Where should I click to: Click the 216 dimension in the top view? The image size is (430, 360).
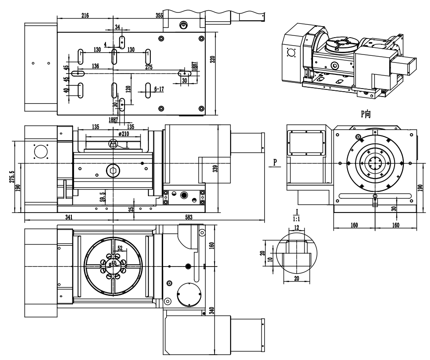pyautogui.click(x=85, y=15)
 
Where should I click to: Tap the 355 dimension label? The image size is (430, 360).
pyautogui.click(x=159, y=15)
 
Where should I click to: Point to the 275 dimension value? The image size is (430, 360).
pyautogui.click(x=149, y=67)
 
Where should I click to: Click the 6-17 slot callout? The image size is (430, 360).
pyautogui.click(x=159, y=89)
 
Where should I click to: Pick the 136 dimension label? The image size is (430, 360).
pyautogui.click(x=95, y=66)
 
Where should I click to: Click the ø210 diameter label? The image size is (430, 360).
pyautogui.click(x=124, y=134)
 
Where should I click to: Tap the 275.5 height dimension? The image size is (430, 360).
pyautogui.click(x=11, y=176)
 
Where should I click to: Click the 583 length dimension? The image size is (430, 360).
pyautogui.click(x=189, y=217)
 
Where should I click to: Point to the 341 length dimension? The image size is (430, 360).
pyautogui.click(x=69, y=217)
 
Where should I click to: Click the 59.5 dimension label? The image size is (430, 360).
pyautogui.click(x=102, y=197)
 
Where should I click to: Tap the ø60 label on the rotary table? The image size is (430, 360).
pyautogui.click(x=113, y=263)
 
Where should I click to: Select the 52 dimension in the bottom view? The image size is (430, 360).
pyautogui.click(x=120, y=248)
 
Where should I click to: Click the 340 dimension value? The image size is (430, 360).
pyautogui.click(x=211, y=311)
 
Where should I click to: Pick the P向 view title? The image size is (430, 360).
pyautogui.click(x=366, y=114)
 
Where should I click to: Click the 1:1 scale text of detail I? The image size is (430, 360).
pyautogui.click(x=297, y=219)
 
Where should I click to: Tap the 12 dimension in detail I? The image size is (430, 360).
pyautogui.click(x=297, y=228)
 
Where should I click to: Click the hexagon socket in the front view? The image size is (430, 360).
pyautogui.click(x=113, y=170)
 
